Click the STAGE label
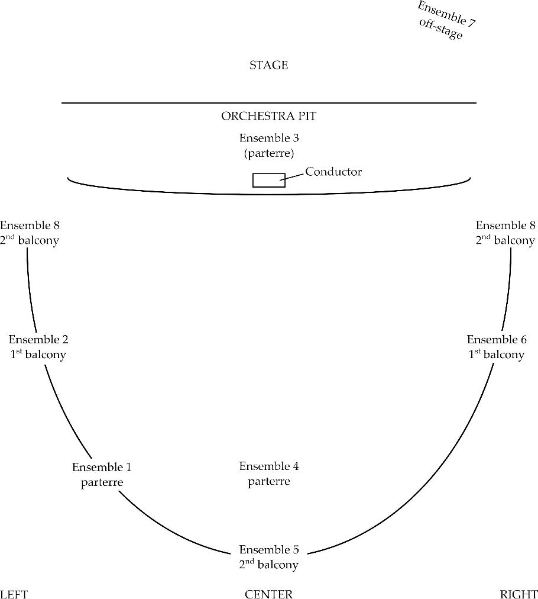[268, 65]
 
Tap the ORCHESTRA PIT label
[268, 116]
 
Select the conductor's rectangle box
[269, 180]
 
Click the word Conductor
[333, 172]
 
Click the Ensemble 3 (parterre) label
[269, 146]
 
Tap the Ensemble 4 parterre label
[269, 474]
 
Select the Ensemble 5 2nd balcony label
[269, 556]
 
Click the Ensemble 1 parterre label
[102, 475]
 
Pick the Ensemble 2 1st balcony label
[38, 347]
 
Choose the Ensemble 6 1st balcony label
[497, 347]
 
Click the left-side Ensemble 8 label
[30, 233]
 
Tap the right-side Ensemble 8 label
[505, 233]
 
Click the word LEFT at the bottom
[14, 594]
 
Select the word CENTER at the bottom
[269, 594]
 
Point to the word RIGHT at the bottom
[518, 594]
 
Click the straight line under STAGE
[269, 103]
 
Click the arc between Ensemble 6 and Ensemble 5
[432, 485]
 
